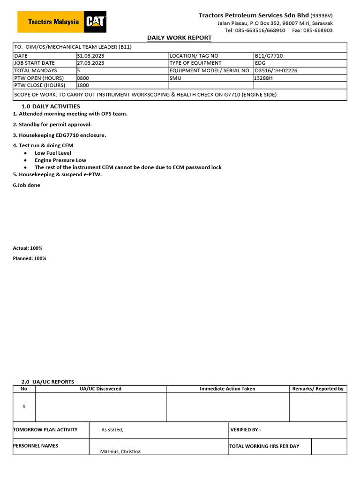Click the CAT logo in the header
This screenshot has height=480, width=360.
(x=95, y=22)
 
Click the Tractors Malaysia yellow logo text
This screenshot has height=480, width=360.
(x=53, y=22)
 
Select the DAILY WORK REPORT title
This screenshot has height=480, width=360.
(x=180, y=37)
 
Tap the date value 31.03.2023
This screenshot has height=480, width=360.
(x=90, y=56)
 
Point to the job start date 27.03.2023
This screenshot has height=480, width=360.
(x=90, y=63)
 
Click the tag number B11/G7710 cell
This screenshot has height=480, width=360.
(x=269, y=56)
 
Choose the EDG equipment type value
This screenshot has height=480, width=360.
(x=260, y=63)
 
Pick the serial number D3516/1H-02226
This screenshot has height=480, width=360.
(x=276, y=70)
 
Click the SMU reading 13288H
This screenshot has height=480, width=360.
(x=263, y=78)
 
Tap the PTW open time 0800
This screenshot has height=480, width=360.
(x=83, y=78)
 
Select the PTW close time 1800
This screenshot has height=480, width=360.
(x=83, y=85)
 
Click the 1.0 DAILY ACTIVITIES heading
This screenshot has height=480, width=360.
(x=51, y=106)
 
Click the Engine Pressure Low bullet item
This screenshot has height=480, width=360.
(x=60, y=160)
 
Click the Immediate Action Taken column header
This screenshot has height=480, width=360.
(x=227, y=389)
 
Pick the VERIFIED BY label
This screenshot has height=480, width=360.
(x=246, y=430)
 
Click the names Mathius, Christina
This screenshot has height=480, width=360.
(x=120, y=451)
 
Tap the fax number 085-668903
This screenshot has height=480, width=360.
(x=320, y=30)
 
